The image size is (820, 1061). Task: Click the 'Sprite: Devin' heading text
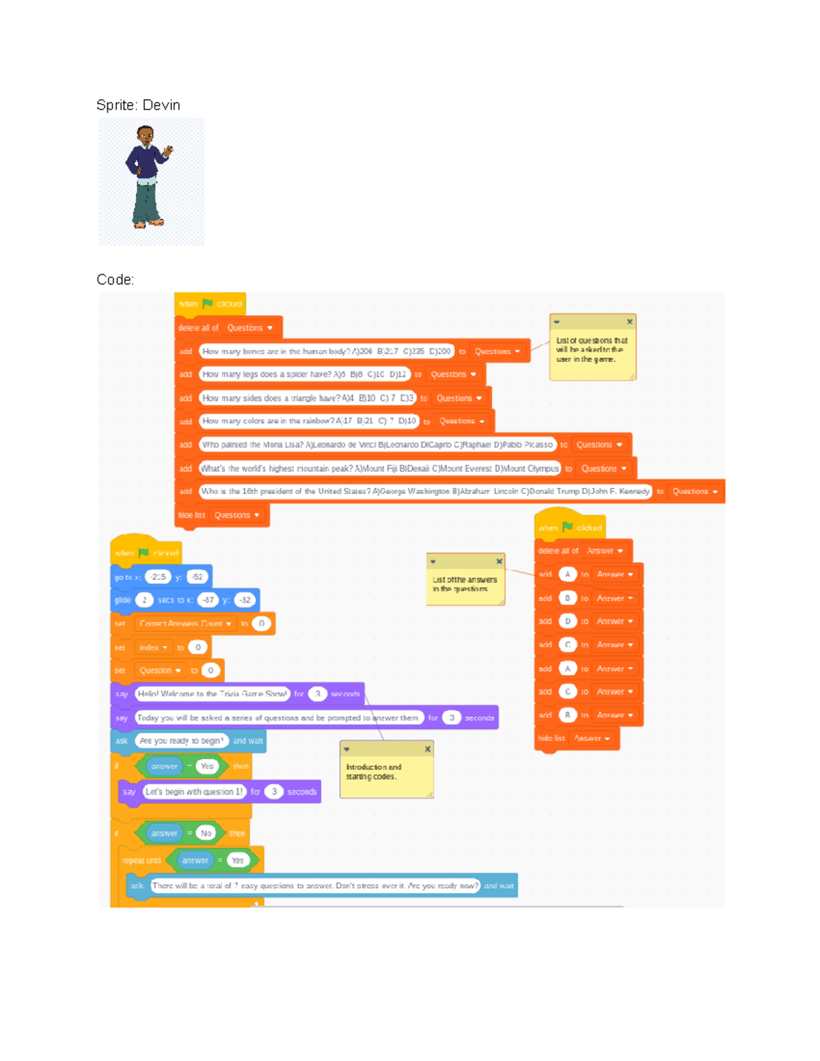138,105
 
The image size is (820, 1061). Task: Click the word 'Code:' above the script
115,279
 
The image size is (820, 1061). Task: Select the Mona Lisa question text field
377,445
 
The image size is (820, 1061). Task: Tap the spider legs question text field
304,374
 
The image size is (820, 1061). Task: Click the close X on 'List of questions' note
629,322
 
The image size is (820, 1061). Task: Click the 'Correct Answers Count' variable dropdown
185,624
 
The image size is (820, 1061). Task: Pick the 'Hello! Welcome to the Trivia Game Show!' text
212,694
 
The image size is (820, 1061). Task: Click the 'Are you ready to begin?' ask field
181,741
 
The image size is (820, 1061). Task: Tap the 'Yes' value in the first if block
207,767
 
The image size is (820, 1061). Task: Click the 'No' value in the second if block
206,833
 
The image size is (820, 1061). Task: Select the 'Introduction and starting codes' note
387,775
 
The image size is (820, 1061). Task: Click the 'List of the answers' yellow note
465,583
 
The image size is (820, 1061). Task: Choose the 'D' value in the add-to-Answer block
567,622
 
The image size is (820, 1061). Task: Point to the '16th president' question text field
425,491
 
